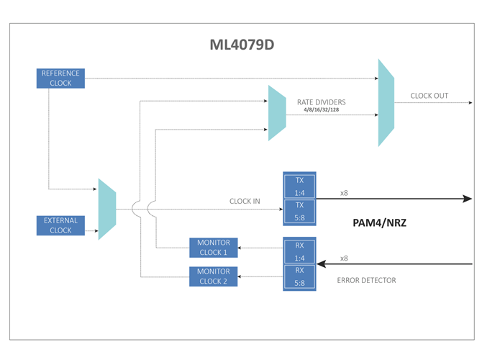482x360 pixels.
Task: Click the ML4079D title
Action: [x=242, y=45]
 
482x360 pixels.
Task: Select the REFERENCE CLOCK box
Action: [x=60, y=78]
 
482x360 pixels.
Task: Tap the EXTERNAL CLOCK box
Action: [x=60, y=225]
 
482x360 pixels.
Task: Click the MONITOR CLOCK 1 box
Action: [x=213, y=248]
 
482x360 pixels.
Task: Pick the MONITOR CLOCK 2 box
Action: [x=213, y=276]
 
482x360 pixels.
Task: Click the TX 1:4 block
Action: [x=299, y=186]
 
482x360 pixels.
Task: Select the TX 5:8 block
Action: [x=299, y=212]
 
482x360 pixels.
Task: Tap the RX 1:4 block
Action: [x=299, y=251]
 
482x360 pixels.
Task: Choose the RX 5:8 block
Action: [x=299, y=277]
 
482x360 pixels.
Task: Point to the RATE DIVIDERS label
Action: [x=321, y=102]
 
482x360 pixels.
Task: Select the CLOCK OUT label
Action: [x=429, y=96]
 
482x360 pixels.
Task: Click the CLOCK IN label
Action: [x=245, y=201]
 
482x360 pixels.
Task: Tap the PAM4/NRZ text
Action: [x=379, y=223]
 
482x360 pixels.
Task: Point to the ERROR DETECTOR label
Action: [x=366, y=280]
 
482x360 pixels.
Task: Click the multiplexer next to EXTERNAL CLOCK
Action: [x=107, y=209]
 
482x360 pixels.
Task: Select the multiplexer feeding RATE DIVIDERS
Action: [x=277, y=113]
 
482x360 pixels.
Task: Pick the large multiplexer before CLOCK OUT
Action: [x=386, y=103]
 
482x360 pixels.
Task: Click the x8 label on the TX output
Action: [x=344, y=193]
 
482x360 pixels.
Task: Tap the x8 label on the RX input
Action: [x=344, y=258]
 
